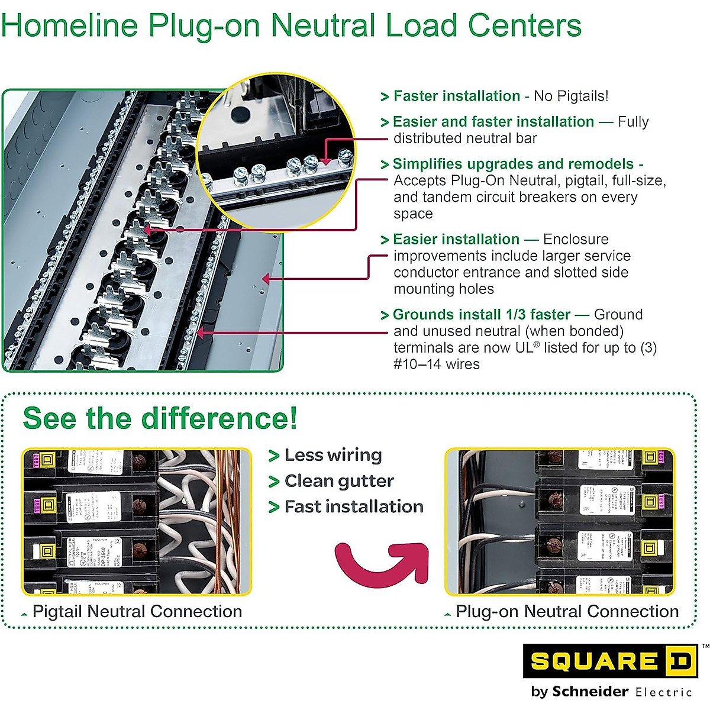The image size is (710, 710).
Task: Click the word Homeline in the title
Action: point(70,25)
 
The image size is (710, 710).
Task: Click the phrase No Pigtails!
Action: point(570,96)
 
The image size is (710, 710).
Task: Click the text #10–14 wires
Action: point(437,364)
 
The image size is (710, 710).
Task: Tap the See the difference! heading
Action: point(160,418)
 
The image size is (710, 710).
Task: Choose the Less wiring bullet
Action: point(333,455)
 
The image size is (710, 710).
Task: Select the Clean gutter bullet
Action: point(338,481)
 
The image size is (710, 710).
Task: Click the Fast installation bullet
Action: point(353,506)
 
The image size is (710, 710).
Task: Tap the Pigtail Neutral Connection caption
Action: point(137,611)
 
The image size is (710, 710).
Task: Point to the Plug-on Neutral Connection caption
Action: point(567,611)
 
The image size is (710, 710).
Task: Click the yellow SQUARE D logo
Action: point(609,661)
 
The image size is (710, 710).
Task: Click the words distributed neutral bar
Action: point(465,138)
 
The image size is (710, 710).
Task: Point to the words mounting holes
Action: point(444,289)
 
